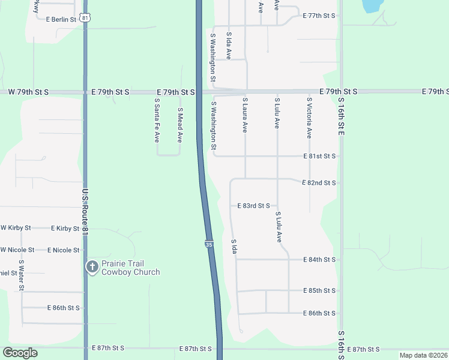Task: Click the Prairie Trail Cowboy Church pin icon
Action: (92, 267)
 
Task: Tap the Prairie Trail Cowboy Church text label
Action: (130, 268)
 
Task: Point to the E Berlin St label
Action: (61, 19)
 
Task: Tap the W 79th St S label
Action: (28, 92)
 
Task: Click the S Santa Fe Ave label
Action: (157, 125)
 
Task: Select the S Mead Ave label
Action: (179, 125)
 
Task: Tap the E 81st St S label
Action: (319, 156)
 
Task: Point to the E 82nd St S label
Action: (319, 182)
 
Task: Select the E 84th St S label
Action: (319, 260)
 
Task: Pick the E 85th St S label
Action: (319, 291)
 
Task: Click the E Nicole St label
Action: (63, 250)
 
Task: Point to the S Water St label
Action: (21, 275)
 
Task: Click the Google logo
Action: (20, 353)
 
